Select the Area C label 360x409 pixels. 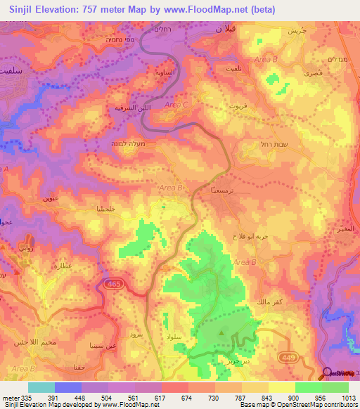(176, 105)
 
